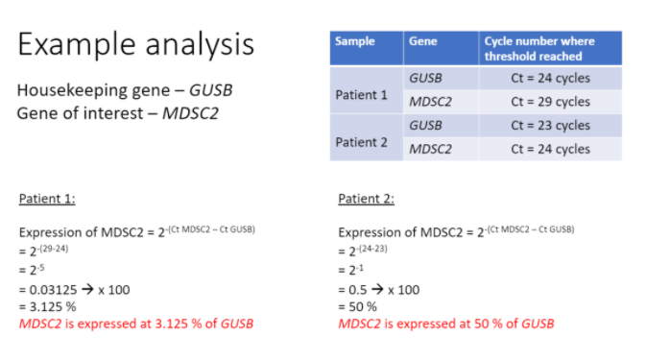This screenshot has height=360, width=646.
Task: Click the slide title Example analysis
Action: (x=135, y=44)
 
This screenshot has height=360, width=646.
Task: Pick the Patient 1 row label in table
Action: (x=361, y=96)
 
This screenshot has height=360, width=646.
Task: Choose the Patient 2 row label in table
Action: (x=361, y=142)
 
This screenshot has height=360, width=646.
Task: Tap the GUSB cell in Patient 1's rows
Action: (x=425, y=78)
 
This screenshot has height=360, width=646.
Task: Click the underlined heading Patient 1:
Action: (x=47, y=200)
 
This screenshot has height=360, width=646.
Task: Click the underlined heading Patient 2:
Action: (x=366, y=200)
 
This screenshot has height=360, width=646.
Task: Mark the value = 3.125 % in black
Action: (x=49, y=306)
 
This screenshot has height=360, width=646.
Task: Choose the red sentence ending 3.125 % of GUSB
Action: (x=136, y=324)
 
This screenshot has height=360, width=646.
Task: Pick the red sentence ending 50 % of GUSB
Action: (x=445, y=324)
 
